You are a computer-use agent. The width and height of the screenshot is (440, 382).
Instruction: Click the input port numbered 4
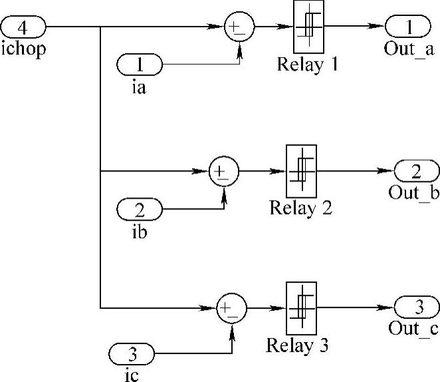pyautogui.click(x=23, y=27)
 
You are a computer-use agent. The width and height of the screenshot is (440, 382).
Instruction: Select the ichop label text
pyautogui.click(x=24, y=50)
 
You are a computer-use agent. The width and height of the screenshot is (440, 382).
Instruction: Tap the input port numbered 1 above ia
pyautogui.click(x=140, y=64)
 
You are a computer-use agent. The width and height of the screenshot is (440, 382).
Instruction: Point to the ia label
pyautogui.click(x=139, y=86)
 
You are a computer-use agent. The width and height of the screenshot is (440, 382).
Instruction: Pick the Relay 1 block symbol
pyautogui.click(x=308, y=27)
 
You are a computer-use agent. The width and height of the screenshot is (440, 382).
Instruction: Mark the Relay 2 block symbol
pyautogui.click(x=301, y=171)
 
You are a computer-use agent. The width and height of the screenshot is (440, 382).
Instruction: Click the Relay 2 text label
pyautogui.click(x=300, y=208)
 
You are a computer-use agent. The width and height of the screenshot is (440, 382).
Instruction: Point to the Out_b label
pyautogui.click(x=414, y=193)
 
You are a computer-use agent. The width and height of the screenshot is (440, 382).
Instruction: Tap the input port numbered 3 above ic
pyautogui.click(x=131, y=352)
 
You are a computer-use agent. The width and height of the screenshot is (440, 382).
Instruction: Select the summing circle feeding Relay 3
pyautogui.click(x=232, y=308)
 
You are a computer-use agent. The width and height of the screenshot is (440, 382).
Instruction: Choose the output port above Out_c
pyautogui.click(x=417, y=308)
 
